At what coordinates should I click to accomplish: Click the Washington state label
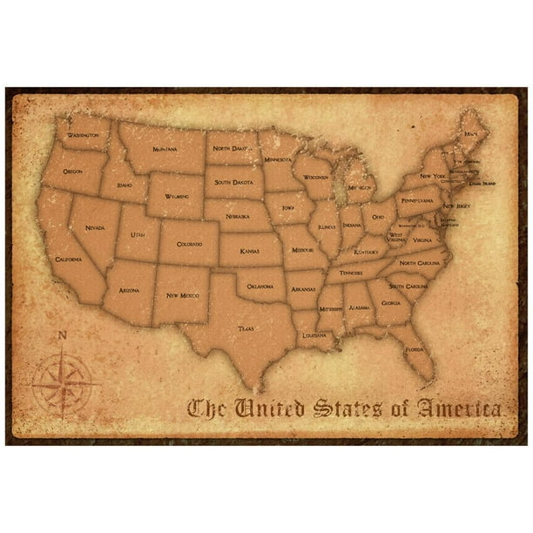[83, 137]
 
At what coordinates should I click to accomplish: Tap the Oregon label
[73, 172]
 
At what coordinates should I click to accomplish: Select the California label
[68, 260]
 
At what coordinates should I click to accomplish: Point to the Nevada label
[96, 227]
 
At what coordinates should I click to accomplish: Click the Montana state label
[165, 149]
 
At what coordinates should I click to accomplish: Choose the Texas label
[246, 329]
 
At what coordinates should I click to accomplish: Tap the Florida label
[414, 351]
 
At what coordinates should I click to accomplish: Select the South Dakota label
[233, 182]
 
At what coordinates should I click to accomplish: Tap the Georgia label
[391, 302]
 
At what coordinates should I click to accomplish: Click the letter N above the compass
[62, 335]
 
